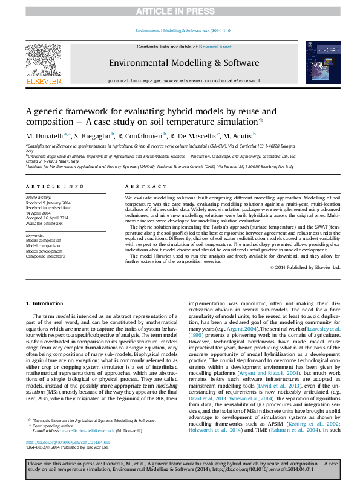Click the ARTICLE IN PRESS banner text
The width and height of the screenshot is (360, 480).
pyautogui.click(x=179, y=11)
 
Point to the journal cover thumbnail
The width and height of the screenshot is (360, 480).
pyautogui.click(x=319, y=62)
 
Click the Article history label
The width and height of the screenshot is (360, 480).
pyautogui.click(x=39, y=198)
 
